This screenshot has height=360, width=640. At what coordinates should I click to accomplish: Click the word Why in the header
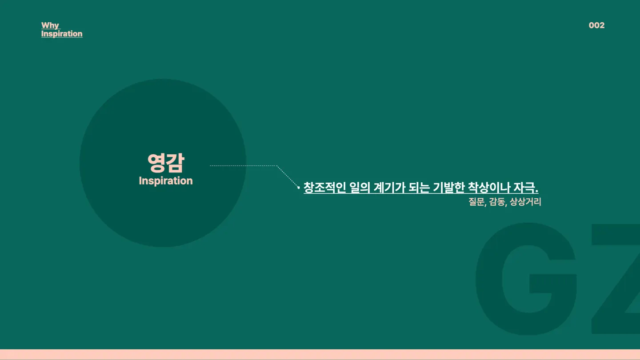[x=50, y=25]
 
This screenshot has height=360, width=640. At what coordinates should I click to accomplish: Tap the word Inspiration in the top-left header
[x=62, y=34]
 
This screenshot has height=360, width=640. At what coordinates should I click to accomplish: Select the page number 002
[x=596, y=25]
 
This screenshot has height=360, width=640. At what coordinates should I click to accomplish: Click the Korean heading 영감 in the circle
[x=166, y=163]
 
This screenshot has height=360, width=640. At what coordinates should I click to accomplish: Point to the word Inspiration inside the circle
[x=166, y=181]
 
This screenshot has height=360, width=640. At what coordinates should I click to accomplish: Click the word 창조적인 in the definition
[x=324, y=188]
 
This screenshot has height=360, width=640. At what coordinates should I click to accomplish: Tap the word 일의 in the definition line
[x=360, y=188]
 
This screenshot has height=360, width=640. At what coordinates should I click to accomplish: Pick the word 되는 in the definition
[x=419, y=188]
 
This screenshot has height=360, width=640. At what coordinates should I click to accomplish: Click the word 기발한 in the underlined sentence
[x=449, y=188]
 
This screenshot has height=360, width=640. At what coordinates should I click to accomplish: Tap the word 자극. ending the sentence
[x=526, y=188]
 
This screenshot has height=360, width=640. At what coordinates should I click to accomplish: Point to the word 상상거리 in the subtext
[x=525, y=202]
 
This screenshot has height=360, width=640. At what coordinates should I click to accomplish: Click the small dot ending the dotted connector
[x=299, y=188]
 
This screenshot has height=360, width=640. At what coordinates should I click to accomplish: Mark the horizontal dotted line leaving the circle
[x=243, y=165]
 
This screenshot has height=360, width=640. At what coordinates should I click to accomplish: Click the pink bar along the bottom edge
[x=320, y=355]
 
